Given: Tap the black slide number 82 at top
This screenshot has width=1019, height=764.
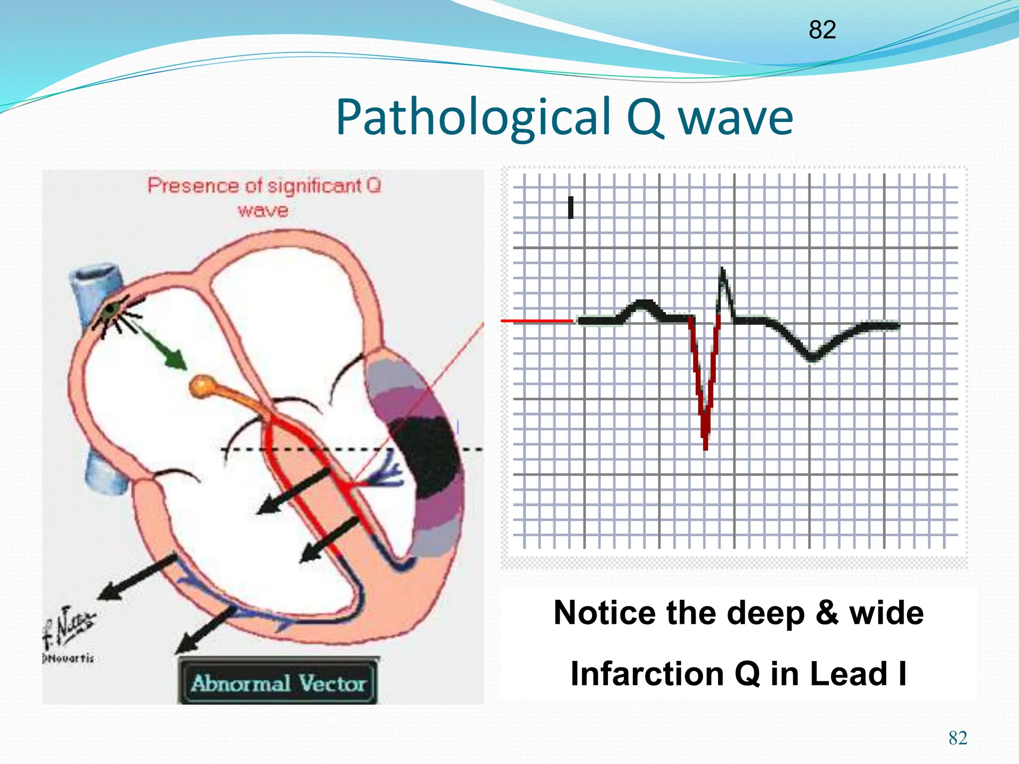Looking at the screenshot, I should click(x=822, y=30).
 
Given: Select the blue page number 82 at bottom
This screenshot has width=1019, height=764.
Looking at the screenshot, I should click(x=958, y=738).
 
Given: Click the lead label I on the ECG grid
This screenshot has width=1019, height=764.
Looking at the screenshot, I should click(x=571, y=207).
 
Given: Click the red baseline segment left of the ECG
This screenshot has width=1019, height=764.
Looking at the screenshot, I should click(x=537, y=321).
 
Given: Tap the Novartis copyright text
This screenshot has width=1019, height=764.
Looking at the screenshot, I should click(x=70, y=659).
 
